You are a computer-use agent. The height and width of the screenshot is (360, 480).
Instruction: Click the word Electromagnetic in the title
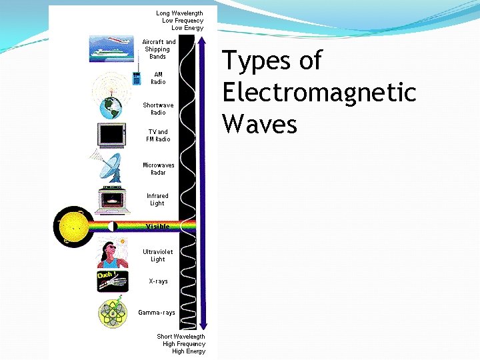319,92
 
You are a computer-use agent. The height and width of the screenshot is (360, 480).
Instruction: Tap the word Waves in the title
259,123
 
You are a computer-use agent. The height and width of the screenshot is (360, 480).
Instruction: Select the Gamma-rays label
157,312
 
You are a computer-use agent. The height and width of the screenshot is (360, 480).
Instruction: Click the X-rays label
158,281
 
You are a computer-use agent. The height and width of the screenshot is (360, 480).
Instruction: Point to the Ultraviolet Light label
157,255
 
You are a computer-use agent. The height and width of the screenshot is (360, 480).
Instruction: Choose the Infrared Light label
157,199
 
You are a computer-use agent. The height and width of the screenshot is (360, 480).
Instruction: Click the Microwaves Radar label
158,168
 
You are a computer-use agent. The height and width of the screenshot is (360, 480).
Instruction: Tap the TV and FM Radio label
158,135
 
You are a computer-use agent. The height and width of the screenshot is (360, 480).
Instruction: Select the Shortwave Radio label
158,109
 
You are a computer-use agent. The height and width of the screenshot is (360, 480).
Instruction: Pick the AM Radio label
158,78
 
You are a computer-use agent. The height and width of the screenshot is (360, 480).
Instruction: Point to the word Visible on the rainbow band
158,227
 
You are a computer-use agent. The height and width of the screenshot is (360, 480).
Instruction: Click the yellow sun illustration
73,227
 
